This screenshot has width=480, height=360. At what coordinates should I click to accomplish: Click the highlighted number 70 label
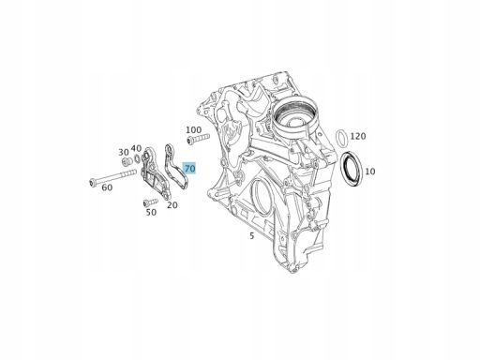tap(189, 169)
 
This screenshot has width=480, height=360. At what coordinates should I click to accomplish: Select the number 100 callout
tap(194, 129)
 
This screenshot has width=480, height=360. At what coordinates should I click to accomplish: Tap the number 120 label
tap(358, 136)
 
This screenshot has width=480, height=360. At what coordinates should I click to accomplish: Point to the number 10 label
tap(369, 172)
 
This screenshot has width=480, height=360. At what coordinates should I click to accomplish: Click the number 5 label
tap(252, 236)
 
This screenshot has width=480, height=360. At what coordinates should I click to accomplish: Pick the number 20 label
tap(172, 205)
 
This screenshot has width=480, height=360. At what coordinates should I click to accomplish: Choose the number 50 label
tap(151, 212)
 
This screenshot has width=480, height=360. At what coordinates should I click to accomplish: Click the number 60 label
tap(107, 187)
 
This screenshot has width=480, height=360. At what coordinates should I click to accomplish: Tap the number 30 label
tap(124, 152)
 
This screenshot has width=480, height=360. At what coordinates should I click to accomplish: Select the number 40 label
tap(136, 148)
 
